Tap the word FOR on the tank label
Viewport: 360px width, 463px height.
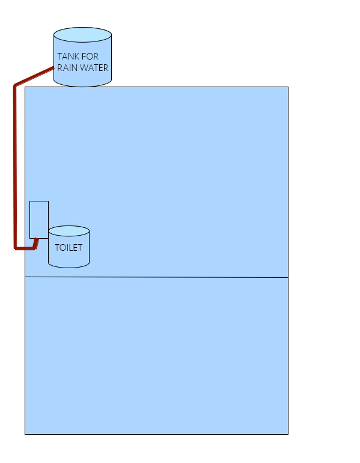coord(90,57)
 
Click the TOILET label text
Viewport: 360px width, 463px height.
coord(69,248)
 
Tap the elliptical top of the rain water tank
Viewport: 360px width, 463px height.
coord(82,35)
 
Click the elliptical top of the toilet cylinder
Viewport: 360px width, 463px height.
coord(69,231)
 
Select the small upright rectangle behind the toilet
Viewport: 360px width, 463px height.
coord(39,219)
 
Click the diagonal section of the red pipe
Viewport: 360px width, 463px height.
coord(34,76)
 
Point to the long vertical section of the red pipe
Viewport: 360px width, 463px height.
coord(15,167)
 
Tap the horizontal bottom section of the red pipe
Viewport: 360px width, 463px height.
coord(25,248)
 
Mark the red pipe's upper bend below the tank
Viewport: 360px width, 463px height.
coord(15,85)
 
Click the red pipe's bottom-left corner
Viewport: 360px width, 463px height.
coord(15,248)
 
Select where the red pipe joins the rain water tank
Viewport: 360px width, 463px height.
coord(53,68)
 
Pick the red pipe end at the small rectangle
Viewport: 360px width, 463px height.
coord(37,239)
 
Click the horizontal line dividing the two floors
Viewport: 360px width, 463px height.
coord(156,277)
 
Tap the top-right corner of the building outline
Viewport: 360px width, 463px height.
coord(288,87)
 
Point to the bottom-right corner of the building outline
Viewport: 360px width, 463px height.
coord(288,434)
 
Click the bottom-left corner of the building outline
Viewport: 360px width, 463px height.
coord(25,434)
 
